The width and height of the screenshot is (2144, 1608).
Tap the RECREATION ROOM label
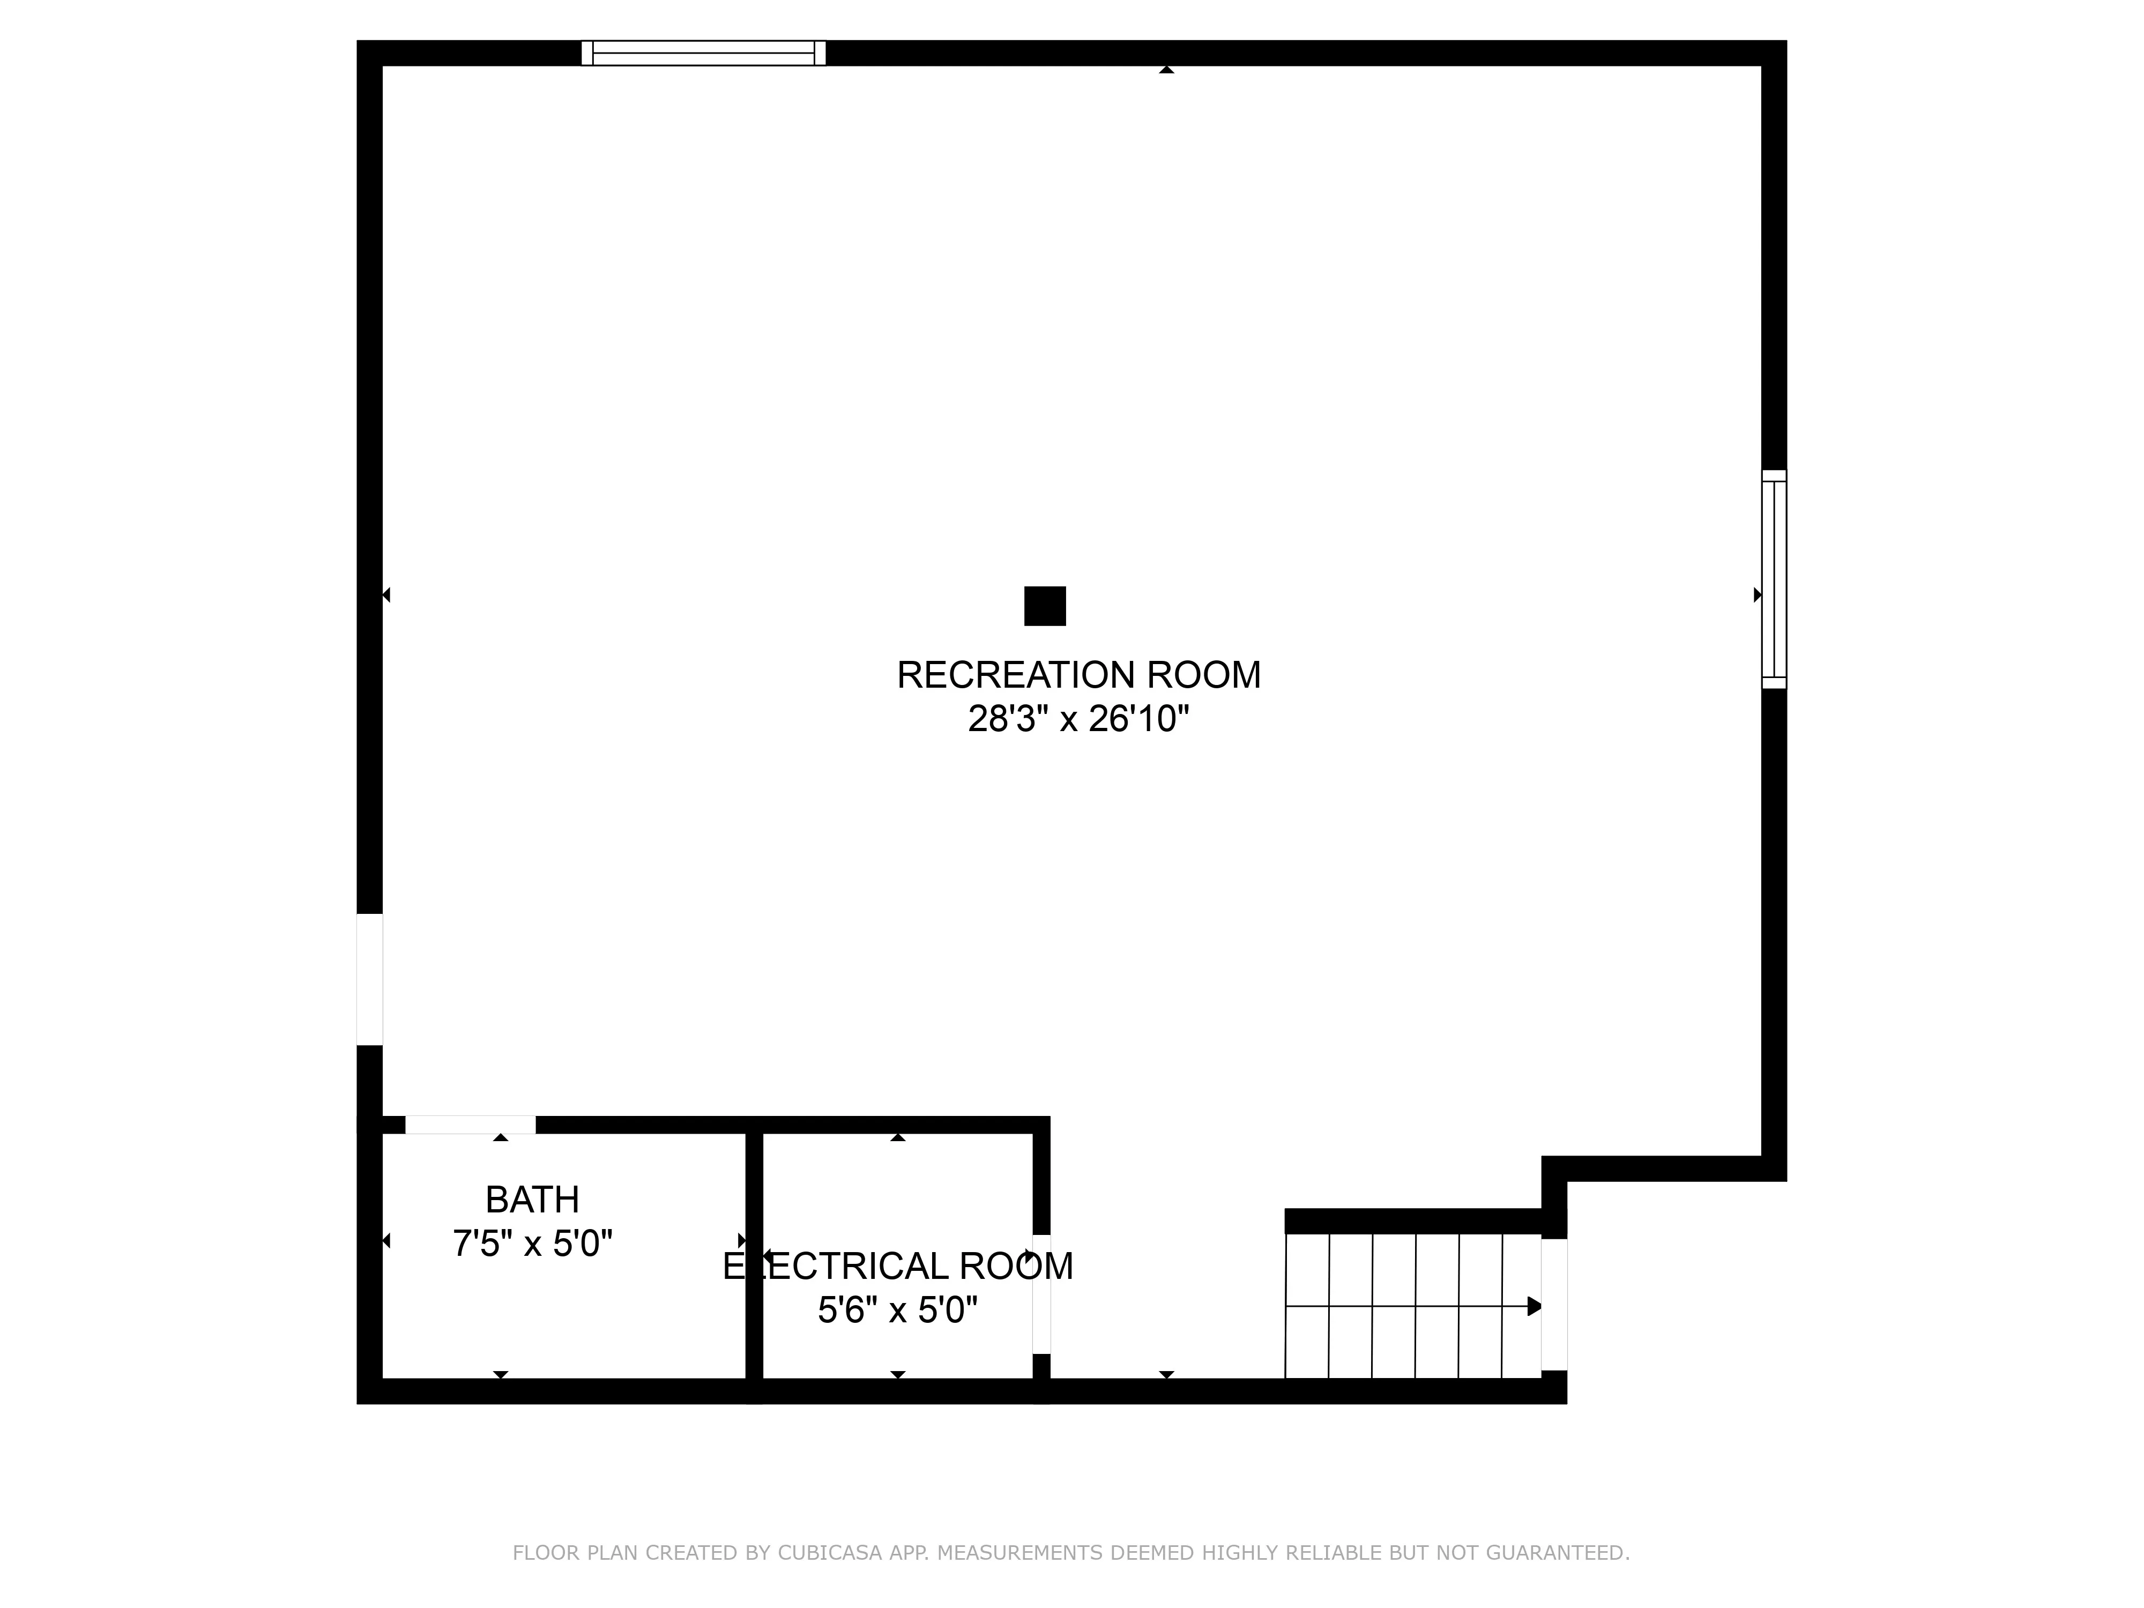pos(1079,675)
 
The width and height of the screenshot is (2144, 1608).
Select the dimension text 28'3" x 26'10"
pos(1079,719)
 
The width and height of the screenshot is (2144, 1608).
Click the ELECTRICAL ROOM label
pos(898,1266)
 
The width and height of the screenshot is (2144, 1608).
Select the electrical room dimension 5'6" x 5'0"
pos(898,1311)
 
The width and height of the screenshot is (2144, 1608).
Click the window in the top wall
pos(704,53)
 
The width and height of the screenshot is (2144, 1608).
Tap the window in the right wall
pos(1774,579)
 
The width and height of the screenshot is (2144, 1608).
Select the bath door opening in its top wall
pos(470,1125)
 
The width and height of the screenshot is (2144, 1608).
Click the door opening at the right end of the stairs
pos(1554,1305)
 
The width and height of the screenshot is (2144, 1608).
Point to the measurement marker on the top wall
pos(1167,70)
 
